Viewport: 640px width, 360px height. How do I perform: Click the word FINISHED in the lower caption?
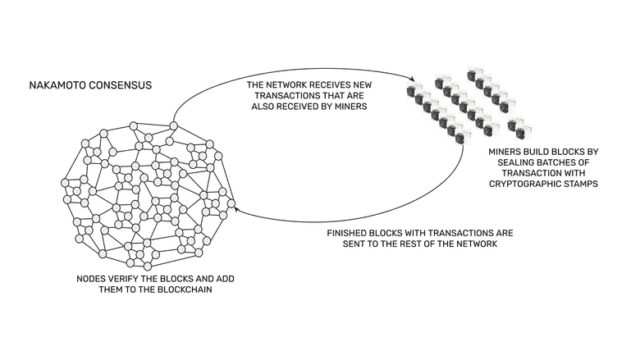pyautogui.click(x=353, y=233)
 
